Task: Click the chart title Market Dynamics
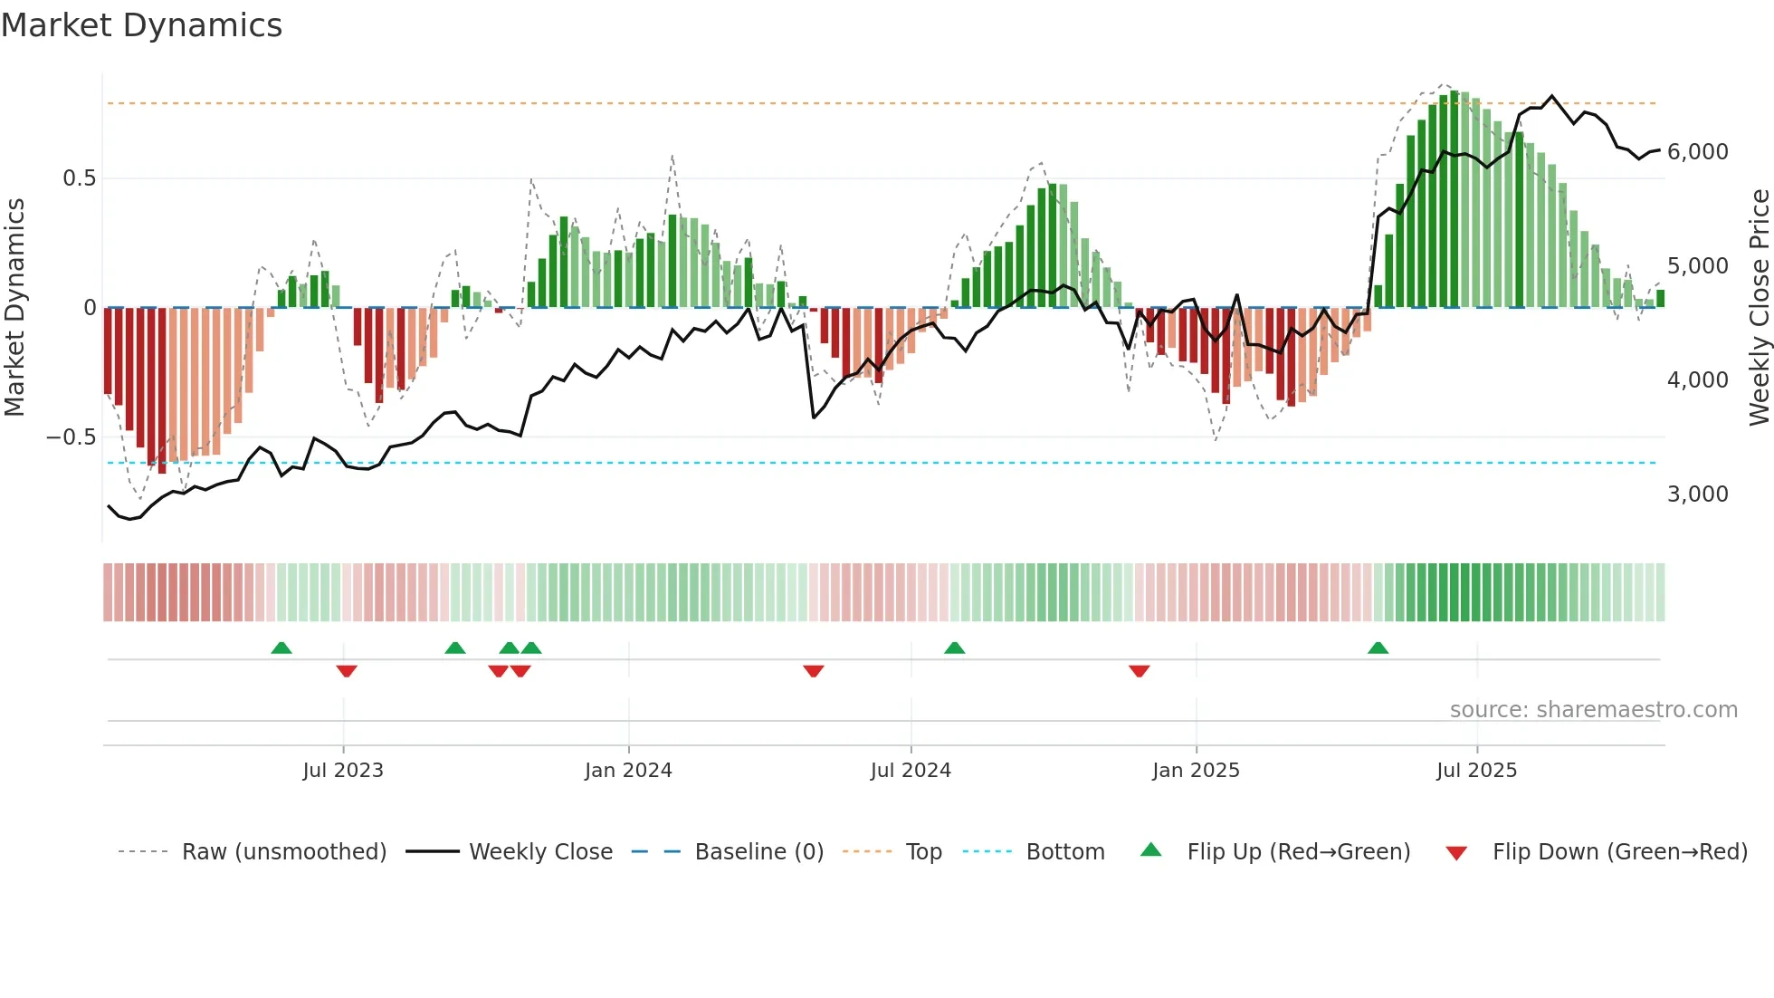pos(141,25)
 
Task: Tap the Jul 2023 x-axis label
pos(343,771)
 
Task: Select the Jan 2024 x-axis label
pos(628,771)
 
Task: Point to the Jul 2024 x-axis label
pos(911,771)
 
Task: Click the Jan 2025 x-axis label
pos(1196,771)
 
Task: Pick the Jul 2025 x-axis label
pos(1476,771)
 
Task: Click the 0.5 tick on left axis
pos(79,178)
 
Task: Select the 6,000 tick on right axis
pos(1697,152)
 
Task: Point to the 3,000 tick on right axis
pos(1697,494)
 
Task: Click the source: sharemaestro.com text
pos(1593,710)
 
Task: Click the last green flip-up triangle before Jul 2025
pos(1378,648)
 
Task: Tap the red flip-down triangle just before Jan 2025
pos(1139,671)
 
